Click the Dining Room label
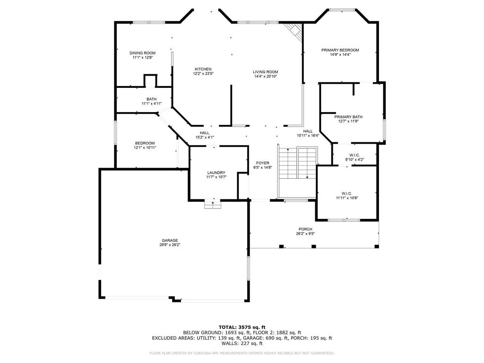click(143, 53)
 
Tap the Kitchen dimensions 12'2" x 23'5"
click(203, 73)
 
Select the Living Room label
click(266, 72)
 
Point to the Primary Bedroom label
click(340, 50)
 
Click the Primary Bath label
click(348, 117)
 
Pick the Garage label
click(170, 241)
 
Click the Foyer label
click(263, 163)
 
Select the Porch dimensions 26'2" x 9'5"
click(305, 233)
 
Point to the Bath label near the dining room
click(152, 99)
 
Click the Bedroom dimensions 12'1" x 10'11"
click(145, 147)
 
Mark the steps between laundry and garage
click(213, 205)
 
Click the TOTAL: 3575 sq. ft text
click(242, 327)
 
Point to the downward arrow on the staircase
click(307, 163)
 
